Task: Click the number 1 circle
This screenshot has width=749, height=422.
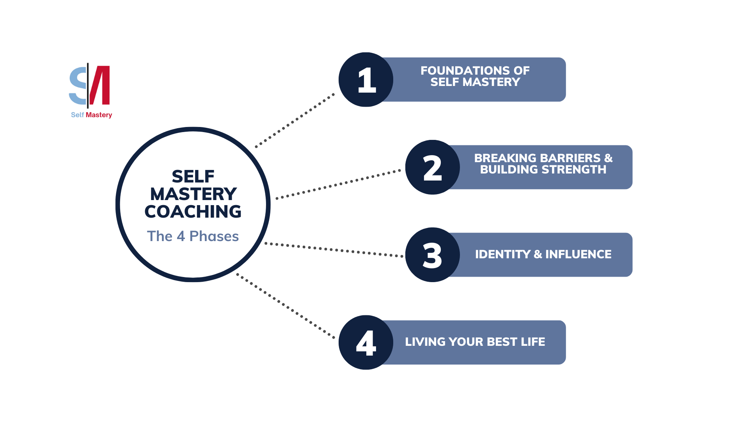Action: pos(366,80)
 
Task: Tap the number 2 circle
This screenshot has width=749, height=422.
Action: pos(432,167)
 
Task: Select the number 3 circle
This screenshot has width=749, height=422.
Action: pos(432,255)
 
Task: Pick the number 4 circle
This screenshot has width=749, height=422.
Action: pos(366,342)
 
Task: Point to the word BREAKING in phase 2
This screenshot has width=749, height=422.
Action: pos(498,158)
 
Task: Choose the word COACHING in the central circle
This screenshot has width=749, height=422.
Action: pos(193,212)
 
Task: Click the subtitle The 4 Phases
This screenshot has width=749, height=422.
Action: pos(193,236)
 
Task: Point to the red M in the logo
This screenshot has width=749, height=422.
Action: pos(101,85)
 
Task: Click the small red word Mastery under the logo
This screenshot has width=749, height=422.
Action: pos(99,115)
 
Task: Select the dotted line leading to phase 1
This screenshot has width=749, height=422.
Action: pos(295,120)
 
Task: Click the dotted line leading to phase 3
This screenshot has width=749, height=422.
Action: pos(334,250)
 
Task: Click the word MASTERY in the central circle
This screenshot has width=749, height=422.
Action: pos(193,194)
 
